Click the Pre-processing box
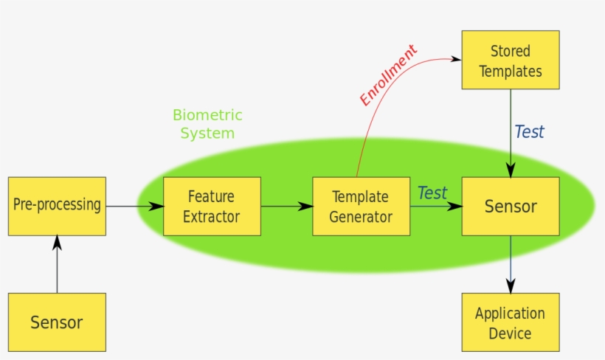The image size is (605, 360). tap(57, 206)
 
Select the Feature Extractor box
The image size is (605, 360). tap(211, 207)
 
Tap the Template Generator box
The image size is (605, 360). tap(361, 207)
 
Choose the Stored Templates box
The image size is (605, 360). tap(510, 60)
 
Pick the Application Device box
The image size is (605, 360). tap(510, 322)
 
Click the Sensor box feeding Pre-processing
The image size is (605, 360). tap(57, 322)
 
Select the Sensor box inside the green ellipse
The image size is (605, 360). tap(510, 207)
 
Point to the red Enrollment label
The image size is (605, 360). tap(388, 75)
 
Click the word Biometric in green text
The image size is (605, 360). tap(207, 115)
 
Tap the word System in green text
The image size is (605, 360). tap(207, 134)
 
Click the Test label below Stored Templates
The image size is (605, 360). tap(529, 132)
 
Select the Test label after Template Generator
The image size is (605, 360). tap(432, 193)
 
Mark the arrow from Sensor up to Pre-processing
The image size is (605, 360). tap(57, 264)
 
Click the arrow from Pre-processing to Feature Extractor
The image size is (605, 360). tap(134, 207)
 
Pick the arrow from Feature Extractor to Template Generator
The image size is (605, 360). tap(286, 207)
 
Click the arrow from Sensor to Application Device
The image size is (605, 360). tap(510, 264)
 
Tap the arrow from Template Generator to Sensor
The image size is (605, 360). tap(435, 207)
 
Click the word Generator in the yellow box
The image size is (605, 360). tap(361, 217)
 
